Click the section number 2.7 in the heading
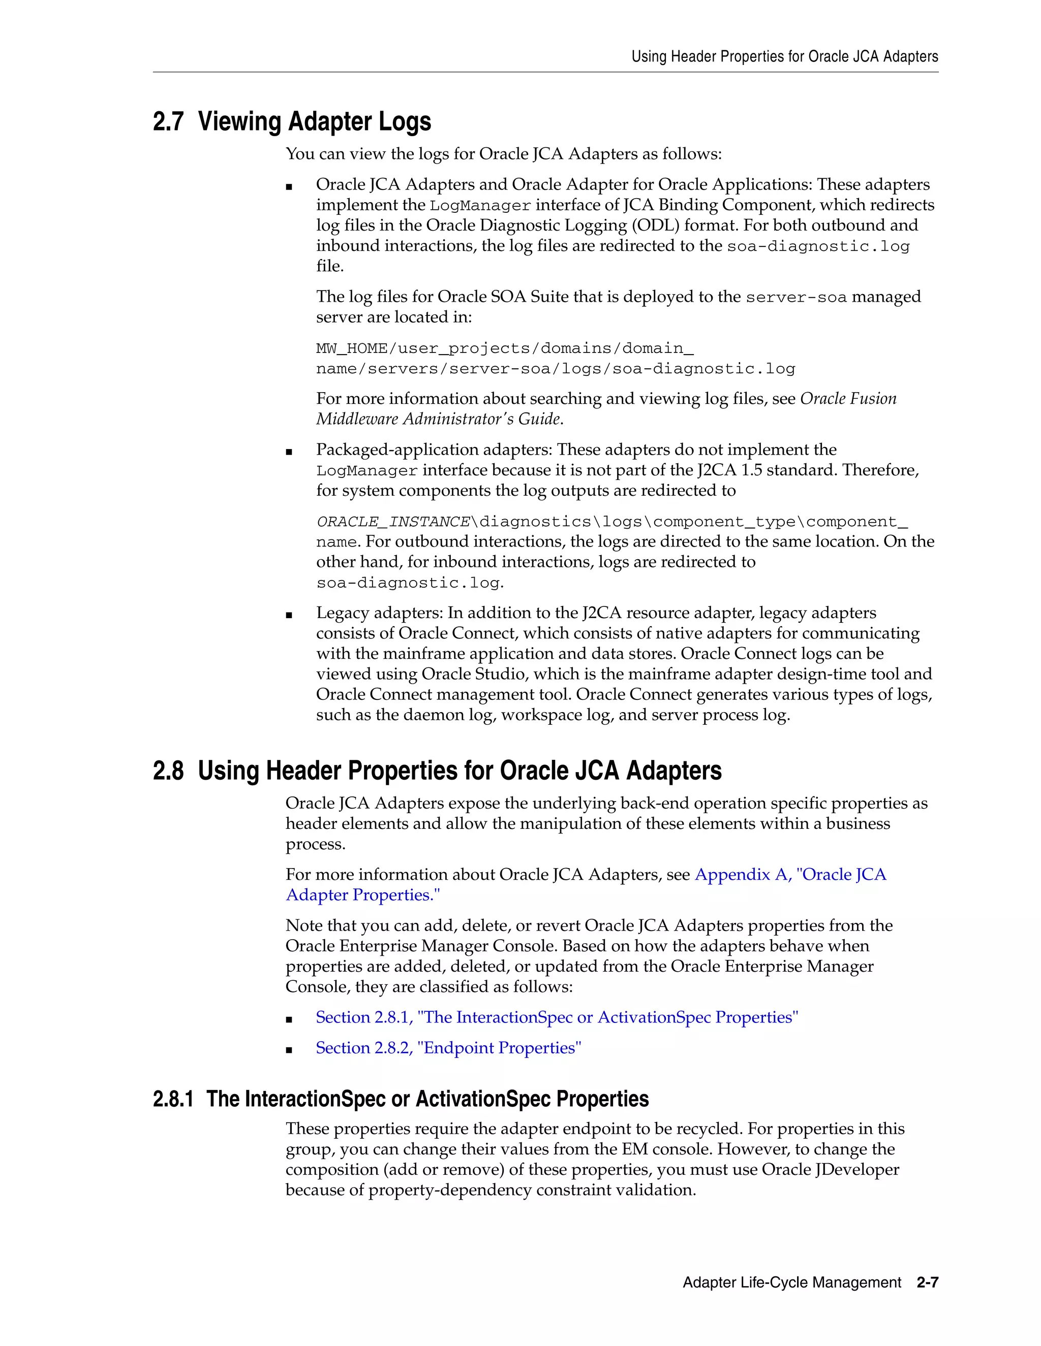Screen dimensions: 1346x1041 click(168, 122)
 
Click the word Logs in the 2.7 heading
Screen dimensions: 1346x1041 click(405, 122)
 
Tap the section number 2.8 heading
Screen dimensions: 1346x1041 click(168, 771)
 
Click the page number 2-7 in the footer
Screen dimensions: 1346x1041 click(927, 1283)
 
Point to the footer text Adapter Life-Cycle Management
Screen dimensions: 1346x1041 click(791, 1283)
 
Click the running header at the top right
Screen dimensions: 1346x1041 click(784, 57)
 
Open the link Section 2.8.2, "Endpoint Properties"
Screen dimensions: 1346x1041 click(448, 1048)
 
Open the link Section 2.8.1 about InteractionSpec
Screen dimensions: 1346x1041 click(556, 1017)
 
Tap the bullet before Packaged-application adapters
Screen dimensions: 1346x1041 click(289, 452)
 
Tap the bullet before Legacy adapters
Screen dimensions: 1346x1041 click(289, 615)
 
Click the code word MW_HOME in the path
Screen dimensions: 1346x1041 click(352, 349)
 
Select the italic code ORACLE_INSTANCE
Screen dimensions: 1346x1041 click(393, 522)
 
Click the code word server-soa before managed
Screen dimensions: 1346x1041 click(795, 298)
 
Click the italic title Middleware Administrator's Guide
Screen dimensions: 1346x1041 click(439, 419)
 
